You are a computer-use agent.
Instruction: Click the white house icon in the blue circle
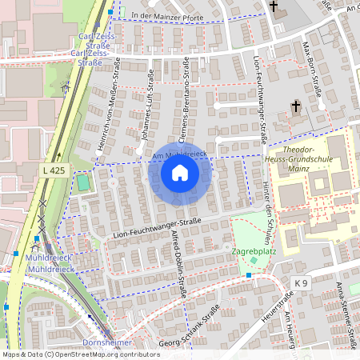tap(180, 173)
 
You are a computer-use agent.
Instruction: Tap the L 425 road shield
tap(54, 171)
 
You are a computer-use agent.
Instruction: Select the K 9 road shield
tap(300, 283)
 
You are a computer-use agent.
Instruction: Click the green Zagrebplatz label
tap(254, 250)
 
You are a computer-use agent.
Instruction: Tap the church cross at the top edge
tap(274, 8)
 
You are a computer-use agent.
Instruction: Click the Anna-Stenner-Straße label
tap(345, 312)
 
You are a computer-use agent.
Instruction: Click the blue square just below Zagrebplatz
tap(250, 275)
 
